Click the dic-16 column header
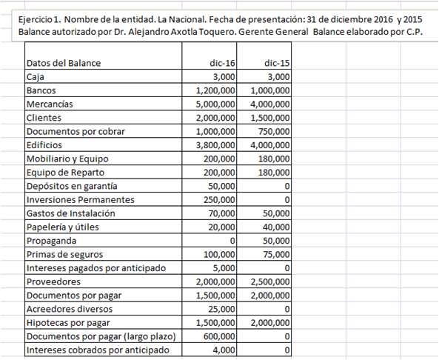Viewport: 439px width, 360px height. coord(223,63)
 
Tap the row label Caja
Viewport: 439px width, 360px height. coord(35,76)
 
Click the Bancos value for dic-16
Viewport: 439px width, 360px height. coord(215,90)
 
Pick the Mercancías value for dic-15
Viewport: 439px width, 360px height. coord(270,104)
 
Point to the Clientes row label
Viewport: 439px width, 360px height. coord(44,118)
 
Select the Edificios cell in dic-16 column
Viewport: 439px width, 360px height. coord(215,145)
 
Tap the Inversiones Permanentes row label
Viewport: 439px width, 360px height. coord(80,200)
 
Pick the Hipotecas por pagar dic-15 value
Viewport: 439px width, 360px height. coord(270,323)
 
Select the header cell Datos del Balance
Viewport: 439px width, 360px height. coord(63,63)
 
